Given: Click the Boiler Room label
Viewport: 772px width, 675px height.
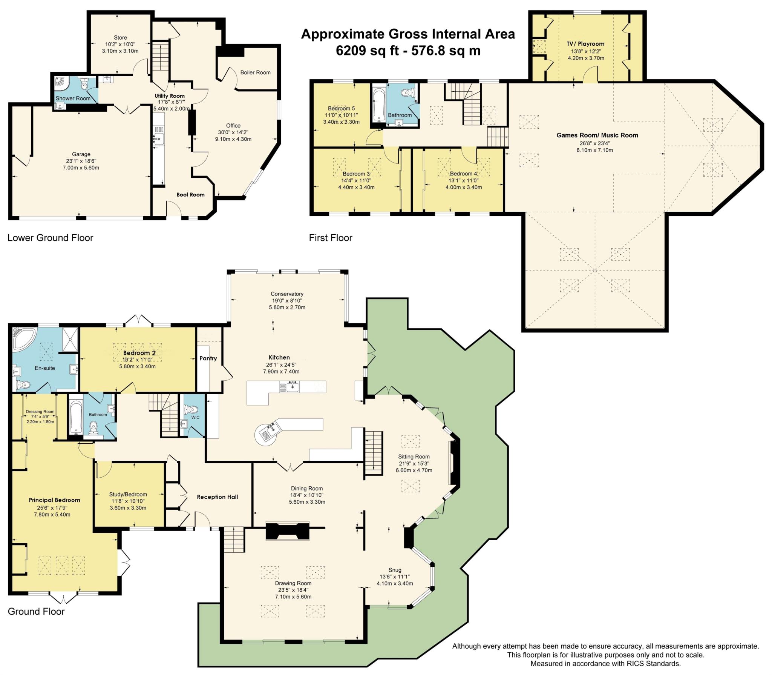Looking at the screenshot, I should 255,72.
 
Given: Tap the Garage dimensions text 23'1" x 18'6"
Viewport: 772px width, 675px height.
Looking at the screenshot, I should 81,161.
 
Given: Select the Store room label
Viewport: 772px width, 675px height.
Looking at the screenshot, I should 120,38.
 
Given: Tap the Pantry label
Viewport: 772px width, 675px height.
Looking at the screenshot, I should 208,358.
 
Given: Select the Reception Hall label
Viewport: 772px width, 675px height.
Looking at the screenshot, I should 217,497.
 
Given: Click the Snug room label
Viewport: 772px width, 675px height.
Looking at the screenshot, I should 395,570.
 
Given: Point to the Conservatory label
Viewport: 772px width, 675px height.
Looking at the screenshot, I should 287,294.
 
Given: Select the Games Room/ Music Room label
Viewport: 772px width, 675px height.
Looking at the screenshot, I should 597,135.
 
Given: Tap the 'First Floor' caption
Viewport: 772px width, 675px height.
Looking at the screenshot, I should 331,238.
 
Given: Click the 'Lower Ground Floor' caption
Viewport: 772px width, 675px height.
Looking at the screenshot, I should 50,238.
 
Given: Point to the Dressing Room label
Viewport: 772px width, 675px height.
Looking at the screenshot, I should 40,412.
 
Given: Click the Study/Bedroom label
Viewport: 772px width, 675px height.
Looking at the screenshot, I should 128,494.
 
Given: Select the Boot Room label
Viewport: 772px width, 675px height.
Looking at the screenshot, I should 191,195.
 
